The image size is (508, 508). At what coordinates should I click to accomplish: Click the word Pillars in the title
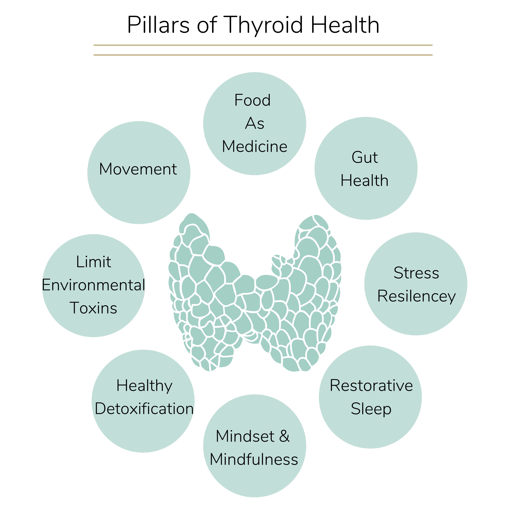[158, 25]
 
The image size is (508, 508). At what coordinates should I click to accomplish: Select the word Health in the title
[345, 25]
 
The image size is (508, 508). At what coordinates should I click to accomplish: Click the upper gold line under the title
[263, 45]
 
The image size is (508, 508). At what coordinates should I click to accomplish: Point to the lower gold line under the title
[263, 55]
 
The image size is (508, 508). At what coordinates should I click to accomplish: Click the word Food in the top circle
[252, 100]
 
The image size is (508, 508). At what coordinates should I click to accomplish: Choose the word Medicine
[255, 147]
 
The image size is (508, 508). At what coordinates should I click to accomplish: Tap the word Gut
[365, 157]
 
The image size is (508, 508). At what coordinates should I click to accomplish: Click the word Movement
[138, 169]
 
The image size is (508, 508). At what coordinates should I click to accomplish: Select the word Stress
[416, 273]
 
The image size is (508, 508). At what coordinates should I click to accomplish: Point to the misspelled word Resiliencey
[417, 297]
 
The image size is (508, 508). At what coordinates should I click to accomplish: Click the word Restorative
[371, 386]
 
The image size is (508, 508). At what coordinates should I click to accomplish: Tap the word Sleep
[371, 409]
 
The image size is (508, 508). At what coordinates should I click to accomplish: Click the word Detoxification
[144, 409]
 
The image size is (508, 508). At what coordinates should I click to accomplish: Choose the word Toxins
[93, 308]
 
